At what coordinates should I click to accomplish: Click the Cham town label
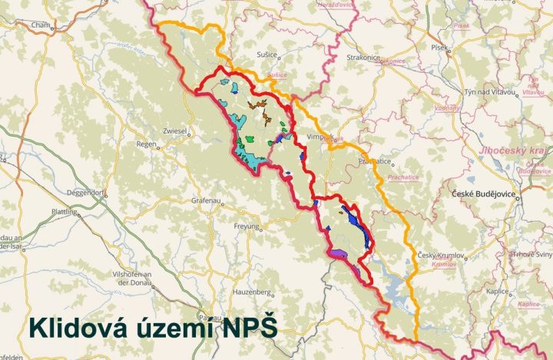coord(39,25)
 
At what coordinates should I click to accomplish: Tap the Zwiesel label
coord(176,131)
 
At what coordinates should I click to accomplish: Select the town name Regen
coord(146,144)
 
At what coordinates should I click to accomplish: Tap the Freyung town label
coord(247,226)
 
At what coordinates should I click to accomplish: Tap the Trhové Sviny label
coord(532,254)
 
